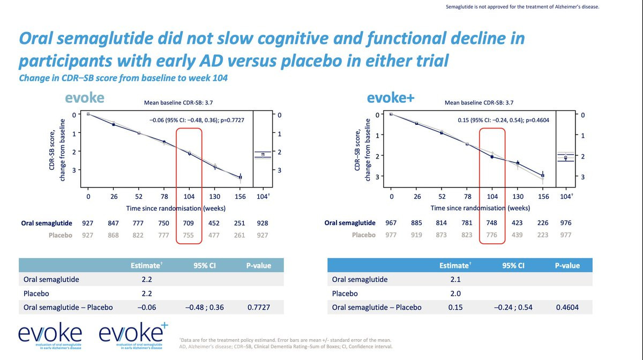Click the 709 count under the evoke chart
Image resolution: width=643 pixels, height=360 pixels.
click(189, 223)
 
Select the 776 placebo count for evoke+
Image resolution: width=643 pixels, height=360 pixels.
click(492, 235)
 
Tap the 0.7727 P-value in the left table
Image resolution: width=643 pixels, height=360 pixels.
click(259, 307)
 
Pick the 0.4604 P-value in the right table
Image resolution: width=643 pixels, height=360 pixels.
click(567, 307)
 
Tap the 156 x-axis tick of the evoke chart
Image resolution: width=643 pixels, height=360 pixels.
click(240, 197)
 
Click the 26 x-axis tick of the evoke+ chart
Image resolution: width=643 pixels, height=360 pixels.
click(417, 197)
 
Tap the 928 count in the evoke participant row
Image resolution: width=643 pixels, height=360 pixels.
click(262, 223)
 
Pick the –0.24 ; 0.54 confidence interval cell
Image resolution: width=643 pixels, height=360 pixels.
click(511, 307)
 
